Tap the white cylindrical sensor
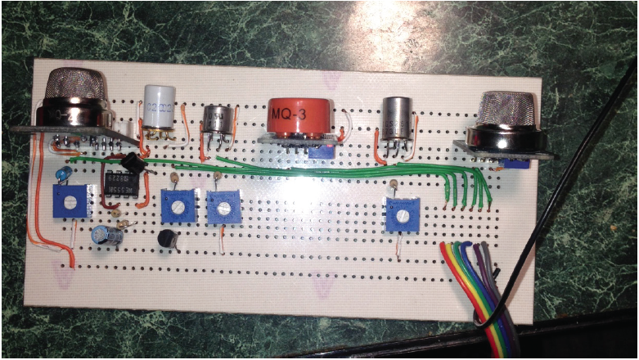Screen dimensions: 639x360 pos(157,106)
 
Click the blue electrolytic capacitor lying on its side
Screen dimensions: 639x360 pos(109,236)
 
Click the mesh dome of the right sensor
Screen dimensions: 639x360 pos(506,107)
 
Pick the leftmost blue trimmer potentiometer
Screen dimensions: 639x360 pos(70,201)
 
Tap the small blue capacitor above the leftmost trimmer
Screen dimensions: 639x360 pos(64,174)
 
